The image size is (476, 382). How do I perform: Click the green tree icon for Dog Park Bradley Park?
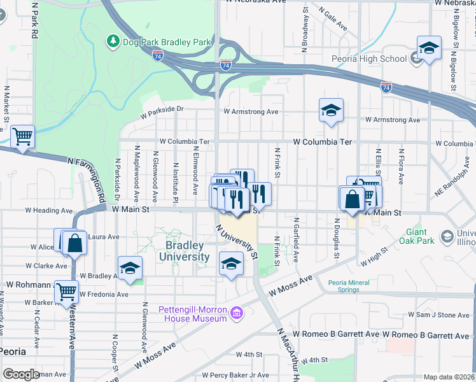[113, 41]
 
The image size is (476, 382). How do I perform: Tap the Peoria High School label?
[369, 59]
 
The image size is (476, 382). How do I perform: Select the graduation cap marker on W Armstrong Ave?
[331, 111]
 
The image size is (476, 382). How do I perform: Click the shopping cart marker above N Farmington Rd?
[22, 136]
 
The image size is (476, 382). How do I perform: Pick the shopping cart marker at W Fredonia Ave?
[67, 292]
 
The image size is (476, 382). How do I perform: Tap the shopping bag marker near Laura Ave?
[74, 243]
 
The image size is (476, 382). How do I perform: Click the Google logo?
[21, 374]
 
